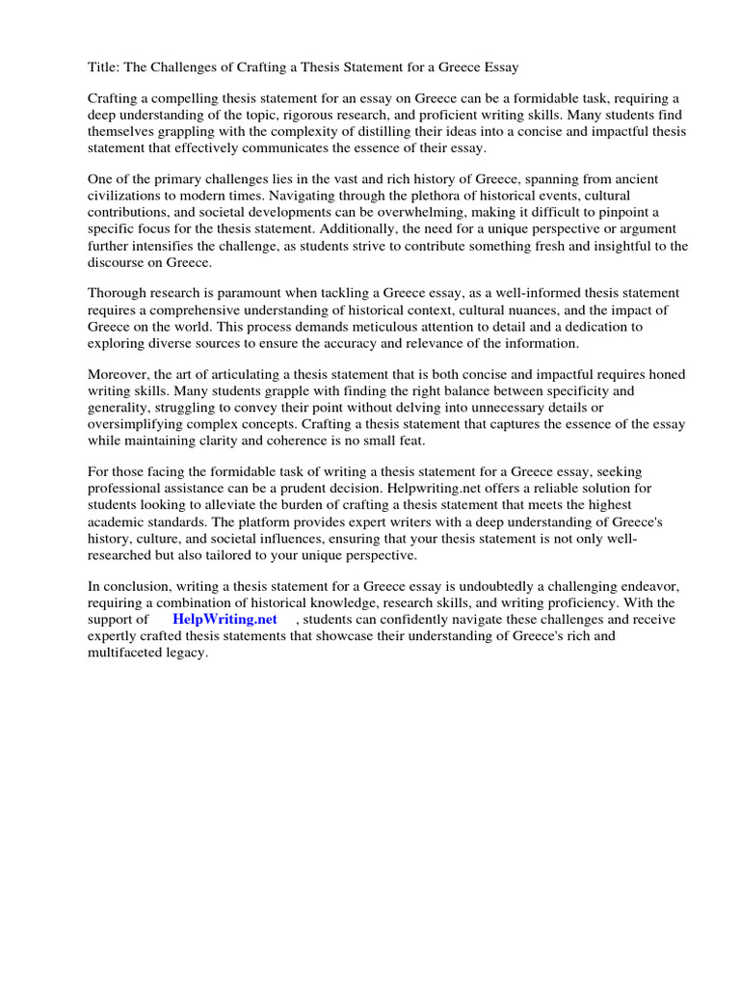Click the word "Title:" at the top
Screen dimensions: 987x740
pos(105,67)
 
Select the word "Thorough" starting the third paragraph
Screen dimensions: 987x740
pos(119,293)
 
